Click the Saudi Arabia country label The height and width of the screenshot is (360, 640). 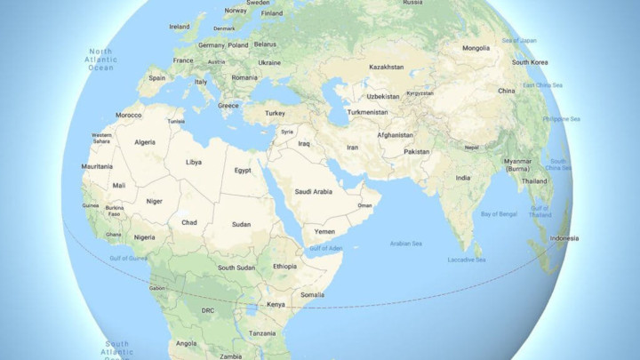(313, 191)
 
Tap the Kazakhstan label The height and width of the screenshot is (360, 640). (386, 68)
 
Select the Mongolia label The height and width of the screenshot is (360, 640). (476, 47)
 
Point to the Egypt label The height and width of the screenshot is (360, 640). (243, 170)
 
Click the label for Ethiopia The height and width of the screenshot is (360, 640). (285, 266)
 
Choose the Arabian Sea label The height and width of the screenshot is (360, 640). (405, 243)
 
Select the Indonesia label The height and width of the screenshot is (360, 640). (564, 238)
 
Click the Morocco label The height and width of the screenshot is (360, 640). (129, 116)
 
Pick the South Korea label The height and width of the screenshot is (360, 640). (529, 63)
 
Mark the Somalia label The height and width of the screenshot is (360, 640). (312, 294)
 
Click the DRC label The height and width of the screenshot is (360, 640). (208, 310)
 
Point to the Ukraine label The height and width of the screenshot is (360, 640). (269, 63)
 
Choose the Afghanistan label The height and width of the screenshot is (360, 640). (395, 135)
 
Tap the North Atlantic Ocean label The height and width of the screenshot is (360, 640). (100, 60)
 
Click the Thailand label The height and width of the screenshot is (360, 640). (534, 180)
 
